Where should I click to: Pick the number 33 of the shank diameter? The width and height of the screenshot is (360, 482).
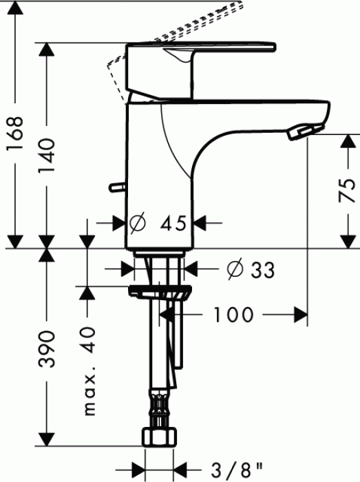click(262, 270)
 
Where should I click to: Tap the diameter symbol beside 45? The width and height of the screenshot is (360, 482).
click(137, 223)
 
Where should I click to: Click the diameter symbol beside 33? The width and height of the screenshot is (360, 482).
click(233, 269)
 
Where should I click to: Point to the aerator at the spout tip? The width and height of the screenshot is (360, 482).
click(302, 131)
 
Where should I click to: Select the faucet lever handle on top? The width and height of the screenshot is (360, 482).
click(200, 55)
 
